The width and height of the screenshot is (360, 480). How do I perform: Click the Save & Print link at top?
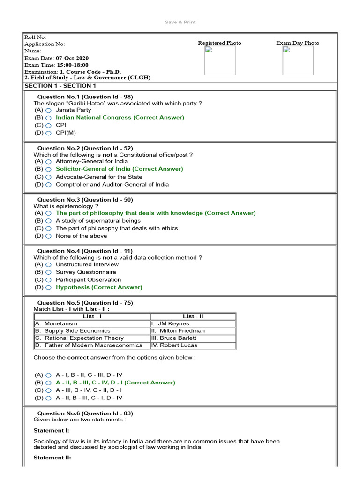tap(180, 22)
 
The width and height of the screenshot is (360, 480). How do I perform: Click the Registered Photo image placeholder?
tap(219, 60)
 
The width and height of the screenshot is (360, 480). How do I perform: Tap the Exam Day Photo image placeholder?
tap(298, 60)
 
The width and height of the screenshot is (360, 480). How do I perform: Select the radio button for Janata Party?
tap(48, 110)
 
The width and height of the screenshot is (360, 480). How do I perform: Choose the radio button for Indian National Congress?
tap(48, 118)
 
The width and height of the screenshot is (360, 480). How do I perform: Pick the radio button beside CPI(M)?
tap(48, 133)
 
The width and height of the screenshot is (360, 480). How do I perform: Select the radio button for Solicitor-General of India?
tap(48, 169)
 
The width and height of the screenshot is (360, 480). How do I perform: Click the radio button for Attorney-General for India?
tap(48, 162)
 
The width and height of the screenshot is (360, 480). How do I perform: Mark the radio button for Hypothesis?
tap(48, 288)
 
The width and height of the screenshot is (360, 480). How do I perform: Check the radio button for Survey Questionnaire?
tap(48, 272)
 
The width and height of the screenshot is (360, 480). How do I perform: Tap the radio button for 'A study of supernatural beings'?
tap(48, 221)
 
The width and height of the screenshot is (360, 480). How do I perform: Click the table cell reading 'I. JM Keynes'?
tap(193, 323)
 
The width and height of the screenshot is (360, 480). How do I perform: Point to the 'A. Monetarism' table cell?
tap(91, 323)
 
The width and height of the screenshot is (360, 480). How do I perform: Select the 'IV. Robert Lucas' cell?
tap(193, 345)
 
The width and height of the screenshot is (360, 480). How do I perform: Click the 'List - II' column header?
tap(193, 316)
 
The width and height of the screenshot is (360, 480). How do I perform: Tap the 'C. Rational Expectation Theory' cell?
tap(91, 338)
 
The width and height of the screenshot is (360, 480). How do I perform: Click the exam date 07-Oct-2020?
tap(69, 58)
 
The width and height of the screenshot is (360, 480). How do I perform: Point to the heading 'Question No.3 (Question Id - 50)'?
tap(85, 200)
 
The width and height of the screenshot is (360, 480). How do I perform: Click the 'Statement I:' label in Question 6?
tap(51, 430)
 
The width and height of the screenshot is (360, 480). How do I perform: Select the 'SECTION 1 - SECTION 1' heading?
tap(60, 86)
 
